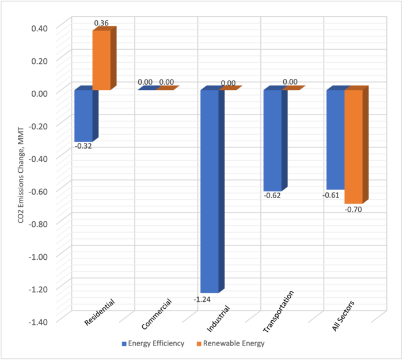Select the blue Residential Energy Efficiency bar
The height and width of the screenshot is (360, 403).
tap(83, 115)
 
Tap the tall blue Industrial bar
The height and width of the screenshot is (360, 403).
tap(209, 190)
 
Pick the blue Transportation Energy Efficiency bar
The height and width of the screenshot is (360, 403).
tap(272, 141)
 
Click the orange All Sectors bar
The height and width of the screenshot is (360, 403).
tap(353, 146)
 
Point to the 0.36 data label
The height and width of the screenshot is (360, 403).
tap(101, 23)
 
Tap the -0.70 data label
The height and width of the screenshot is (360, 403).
tap(354, 209)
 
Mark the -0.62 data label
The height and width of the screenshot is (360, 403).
tap(272, 196)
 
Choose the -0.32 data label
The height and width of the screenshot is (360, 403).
tap(83, 146)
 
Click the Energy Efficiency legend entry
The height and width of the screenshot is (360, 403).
tap(153, 343)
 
